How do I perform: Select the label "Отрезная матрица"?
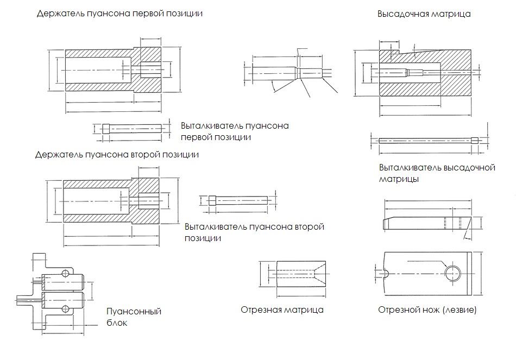[x=282, y=310]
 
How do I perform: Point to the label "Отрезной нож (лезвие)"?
[x=427, y=310]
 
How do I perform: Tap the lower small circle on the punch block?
[x=66, y=309]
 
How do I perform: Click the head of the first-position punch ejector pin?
[x=105, y=129]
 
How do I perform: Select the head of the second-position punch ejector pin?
[x=212, y=199]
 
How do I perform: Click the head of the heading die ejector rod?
[x=476, y=140]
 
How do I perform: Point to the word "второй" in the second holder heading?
[x=146, y=155]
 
